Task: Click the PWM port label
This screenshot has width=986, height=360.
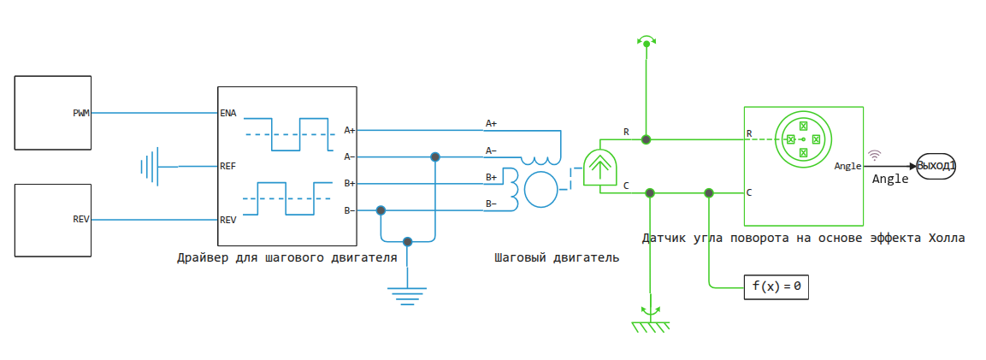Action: point(81,113)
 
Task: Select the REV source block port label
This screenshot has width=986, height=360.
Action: point(81,220)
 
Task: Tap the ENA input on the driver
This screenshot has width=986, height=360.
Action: point(227,113)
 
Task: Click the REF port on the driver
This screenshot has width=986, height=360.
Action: point(227,166)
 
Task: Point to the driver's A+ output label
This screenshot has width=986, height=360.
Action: point(349,130)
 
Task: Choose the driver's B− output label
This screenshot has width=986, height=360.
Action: point(349,210)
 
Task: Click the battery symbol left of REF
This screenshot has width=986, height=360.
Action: point(151,166)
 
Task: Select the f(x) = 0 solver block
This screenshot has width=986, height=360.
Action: point(776,286)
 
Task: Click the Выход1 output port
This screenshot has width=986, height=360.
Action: point(936,166)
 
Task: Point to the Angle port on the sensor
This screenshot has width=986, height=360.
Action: point(847,166)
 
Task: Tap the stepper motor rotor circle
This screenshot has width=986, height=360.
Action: point(540,189)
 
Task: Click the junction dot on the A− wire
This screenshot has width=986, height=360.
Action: point(435,156)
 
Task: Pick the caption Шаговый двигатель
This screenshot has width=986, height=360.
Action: point(556,257)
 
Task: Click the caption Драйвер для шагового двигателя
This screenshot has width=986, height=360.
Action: point(286,257)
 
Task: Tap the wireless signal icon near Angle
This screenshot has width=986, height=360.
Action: point(874,155)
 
